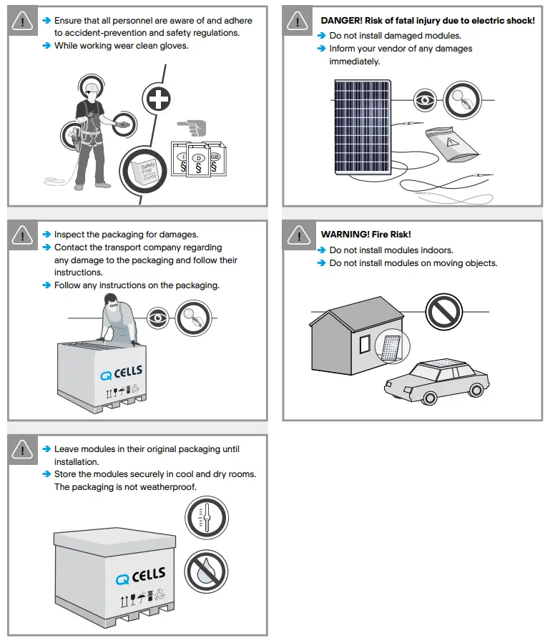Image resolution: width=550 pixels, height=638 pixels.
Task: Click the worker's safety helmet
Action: (x=91, y=88)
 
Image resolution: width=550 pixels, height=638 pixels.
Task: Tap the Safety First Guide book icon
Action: (x=147, y=172)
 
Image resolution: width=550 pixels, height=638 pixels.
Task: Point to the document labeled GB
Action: (x=214, y=158)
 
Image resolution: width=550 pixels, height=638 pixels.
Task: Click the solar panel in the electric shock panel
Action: (x=362, y=126)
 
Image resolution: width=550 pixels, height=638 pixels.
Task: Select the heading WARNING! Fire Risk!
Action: (x=365, y=235)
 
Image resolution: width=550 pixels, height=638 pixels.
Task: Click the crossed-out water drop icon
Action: (x=206, y=571)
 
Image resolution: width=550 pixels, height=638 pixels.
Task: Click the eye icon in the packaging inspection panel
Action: (x=158, y=316)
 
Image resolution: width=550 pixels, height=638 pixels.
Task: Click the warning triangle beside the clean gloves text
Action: (x=23, y=21)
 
